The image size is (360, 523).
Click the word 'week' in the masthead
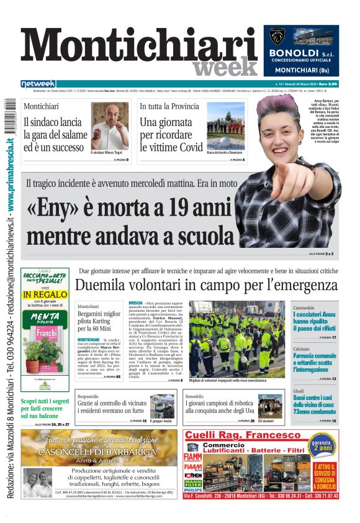[x=224, y=66]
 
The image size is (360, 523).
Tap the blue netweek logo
[x=38, y=84]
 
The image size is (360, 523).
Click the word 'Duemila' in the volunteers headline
[x=102, y=285]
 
